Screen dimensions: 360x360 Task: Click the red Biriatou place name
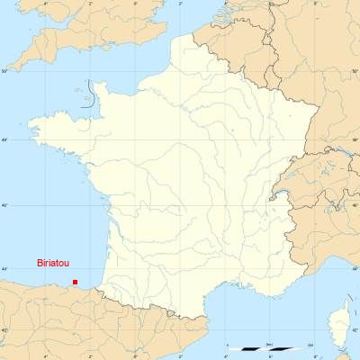[x=52, y=263]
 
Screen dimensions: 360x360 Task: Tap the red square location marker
[x=75, y=282]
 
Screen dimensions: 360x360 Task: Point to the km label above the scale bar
[x=269, y=344]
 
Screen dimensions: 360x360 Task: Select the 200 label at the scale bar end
[x=310, y=344]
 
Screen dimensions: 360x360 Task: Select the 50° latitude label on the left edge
[x=4, y=69]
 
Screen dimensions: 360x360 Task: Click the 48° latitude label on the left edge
[x=4, y=139]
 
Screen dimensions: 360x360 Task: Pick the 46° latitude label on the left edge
[x=4, y=205]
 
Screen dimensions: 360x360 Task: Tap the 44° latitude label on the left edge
[x=4, y=269]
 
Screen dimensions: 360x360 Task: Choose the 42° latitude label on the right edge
[x=355, y=331]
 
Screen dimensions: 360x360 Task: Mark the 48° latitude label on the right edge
[x=355, y=139]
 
